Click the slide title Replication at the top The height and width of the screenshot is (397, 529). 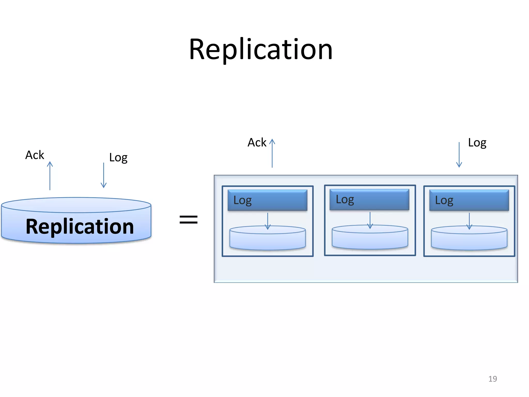[261, 50]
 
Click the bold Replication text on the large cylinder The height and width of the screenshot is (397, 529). [80, 226]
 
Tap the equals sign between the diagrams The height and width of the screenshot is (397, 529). [189, 220]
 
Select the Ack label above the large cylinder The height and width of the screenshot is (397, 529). [35, 155]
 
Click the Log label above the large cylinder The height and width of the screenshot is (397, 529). [118, 157]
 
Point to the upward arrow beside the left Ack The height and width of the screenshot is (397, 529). [50, 176]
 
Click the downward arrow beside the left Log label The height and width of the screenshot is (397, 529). [104, 175]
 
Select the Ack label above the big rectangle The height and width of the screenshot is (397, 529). [257, 142]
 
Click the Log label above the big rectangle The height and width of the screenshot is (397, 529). [477, 143]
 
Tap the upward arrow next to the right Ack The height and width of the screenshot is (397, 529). [272, 153]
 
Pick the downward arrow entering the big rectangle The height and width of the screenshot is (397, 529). [459, 155]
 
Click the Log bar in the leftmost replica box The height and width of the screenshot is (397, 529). [267, 200]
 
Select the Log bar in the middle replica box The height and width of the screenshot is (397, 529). [369, 200]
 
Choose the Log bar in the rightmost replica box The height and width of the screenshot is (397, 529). [469, 200]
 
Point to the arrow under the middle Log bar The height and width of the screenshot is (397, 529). [370, 220]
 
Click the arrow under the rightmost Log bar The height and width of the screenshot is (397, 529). [469, 221]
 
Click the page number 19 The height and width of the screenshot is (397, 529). [493, 379]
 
